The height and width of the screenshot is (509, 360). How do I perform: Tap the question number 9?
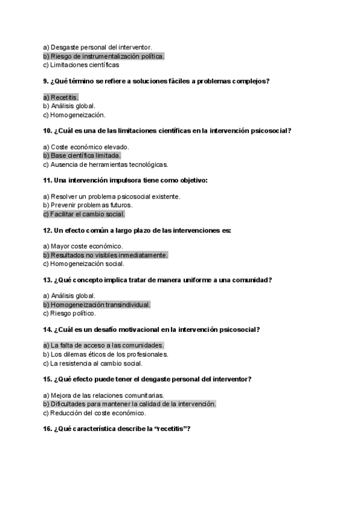click(46, 81)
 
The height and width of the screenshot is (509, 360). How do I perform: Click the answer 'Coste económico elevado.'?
click(89, 147)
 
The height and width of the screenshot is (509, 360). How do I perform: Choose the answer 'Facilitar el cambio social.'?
click(87, 214)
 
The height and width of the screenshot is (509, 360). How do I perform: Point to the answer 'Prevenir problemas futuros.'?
click(88, 205)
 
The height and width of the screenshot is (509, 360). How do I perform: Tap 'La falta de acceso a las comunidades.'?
click(106, 346)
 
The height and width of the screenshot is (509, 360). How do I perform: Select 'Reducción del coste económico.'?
click(97, 413)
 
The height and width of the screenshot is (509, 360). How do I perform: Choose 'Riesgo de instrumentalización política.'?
click(106, 56)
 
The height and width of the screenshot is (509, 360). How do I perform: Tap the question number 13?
click(47, 280)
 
